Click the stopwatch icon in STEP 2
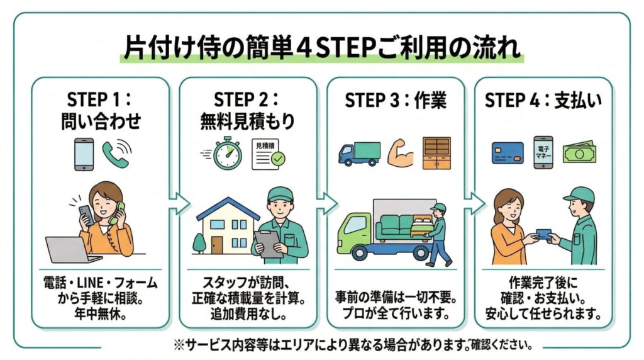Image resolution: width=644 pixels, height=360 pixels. (227, 154)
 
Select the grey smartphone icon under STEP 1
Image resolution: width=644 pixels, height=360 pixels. (84, 154)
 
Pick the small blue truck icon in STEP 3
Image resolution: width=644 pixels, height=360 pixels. (359, 154)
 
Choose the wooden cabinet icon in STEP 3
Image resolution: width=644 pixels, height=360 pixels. (436, 153)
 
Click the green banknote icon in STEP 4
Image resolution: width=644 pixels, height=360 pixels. (579, 152)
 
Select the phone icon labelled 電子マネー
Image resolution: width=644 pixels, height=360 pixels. (543, 152)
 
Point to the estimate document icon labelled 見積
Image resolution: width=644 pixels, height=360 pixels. (267, 154)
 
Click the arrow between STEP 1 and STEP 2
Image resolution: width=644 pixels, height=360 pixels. (180, 203)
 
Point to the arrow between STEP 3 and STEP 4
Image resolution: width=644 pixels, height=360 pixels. (475, 203)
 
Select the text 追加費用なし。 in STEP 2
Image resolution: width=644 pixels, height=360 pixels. (248, 312)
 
